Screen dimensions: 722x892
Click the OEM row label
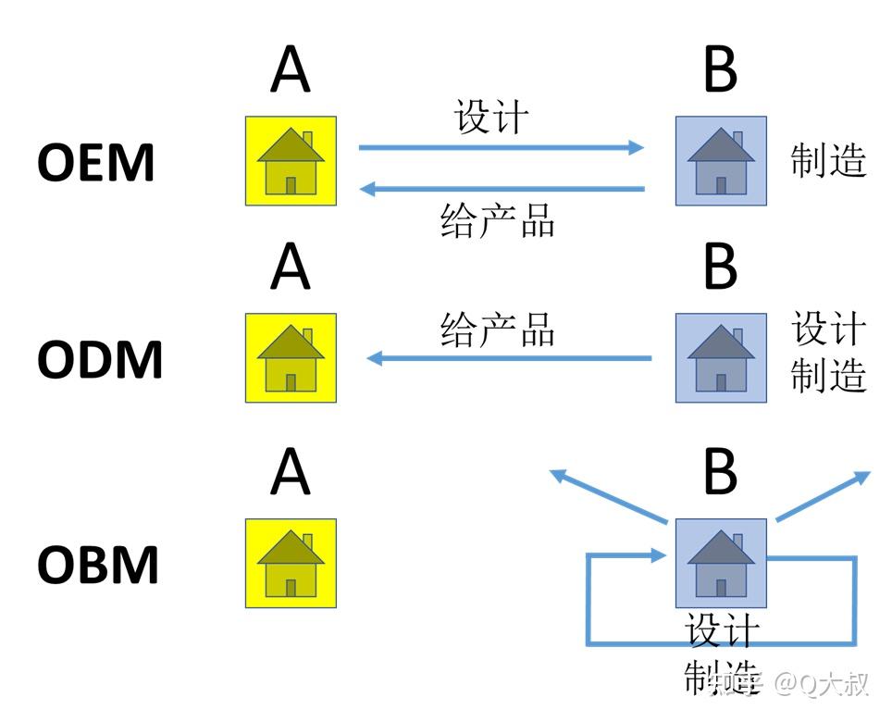95,162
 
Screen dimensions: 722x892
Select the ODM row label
99,359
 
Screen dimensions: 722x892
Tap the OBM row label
97,564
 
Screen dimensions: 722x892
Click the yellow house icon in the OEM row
291,161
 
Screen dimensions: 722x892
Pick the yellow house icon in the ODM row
291,358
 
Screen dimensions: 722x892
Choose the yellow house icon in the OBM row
291,563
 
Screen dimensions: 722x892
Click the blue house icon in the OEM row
721,161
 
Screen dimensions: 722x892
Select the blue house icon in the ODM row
721,358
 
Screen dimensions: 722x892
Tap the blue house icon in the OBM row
721,563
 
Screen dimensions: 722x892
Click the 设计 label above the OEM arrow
491,118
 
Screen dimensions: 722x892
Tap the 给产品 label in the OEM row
498,222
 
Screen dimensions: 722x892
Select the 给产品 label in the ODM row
498,330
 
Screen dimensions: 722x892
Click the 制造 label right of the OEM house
828,161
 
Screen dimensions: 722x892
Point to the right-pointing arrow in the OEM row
501,146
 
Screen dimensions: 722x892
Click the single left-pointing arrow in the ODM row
509,358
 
